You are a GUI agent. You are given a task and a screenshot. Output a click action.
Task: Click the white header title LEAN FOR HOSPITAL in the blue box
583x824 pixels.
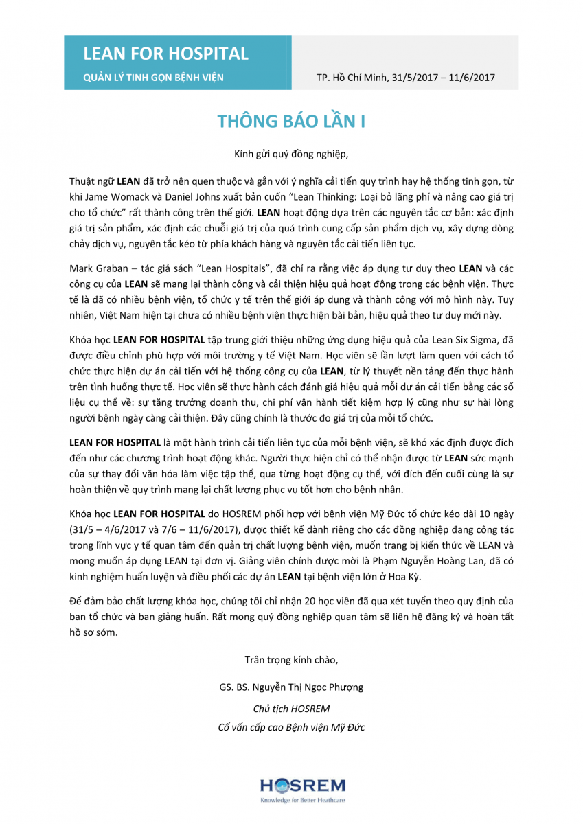coord(165,54)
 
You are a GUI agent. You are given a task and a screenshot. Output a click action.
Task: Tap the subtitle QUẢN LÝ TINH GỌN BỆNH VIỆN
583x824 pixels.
coord(153,78)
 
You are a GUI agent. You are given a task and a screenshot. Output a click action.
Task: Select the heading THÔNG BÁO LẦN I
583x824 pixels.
coord(291,122)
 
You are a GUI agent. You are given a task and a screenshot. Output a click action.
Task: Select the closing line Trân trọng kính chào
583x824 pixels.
coord(291,660)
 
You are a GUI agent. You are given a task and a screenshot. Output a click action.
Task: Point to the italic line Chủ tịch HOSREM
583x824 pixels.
coord(291,708)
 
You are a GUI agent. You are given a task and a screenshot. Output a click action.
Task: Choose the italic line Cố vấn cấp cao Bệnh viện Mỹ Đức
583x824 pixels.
coord(291,726)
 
